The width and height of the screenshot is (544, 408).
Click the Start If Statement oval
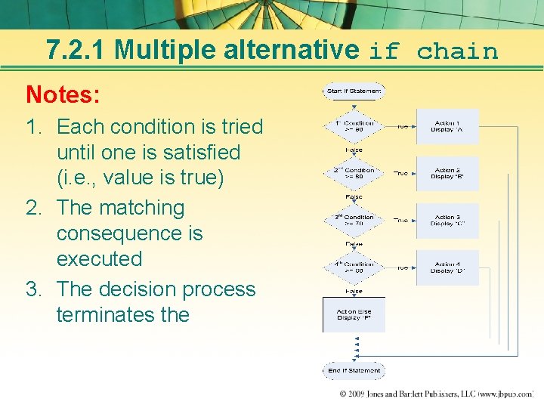(x=354, y=91)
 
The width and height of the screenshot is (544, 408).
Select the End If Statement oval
(x=354, y=371)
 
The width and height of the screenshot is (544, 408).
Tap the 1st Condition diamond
(x=354, y=126)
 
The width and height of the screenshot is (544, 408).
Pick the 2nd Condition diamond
(x=354, y=173)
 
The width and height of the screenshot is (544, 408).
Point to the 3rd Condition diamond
(x=354, y=220)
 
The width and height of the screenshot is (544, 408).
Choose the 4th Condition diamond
(x=354, y=267)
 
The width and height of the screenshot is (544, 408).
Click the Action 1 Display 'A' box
(x=446, y=126)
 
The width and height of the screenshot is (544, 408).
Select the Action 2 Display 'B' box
(x=446, y=173)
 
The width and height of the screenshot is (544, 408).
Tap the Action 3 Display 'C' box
(x=446, y=220)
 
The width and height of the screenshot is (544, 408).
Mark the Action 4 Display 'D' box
(x=446, y=267)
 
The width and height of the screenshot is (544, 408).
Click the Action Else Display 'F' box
(x=354, y=314)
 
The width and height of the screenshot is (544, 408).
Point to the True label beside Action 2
(x=400, y=173)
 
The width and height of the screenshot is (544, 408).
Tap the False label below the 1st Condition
(x=354, y=150)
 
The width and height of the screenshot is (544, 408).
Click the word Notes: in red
(x=62, y=94)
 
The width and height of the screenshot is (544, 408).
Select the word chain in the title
(x=457, y=51)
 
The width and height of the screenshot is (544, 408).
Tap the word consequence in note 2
(x=129, y=233)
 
